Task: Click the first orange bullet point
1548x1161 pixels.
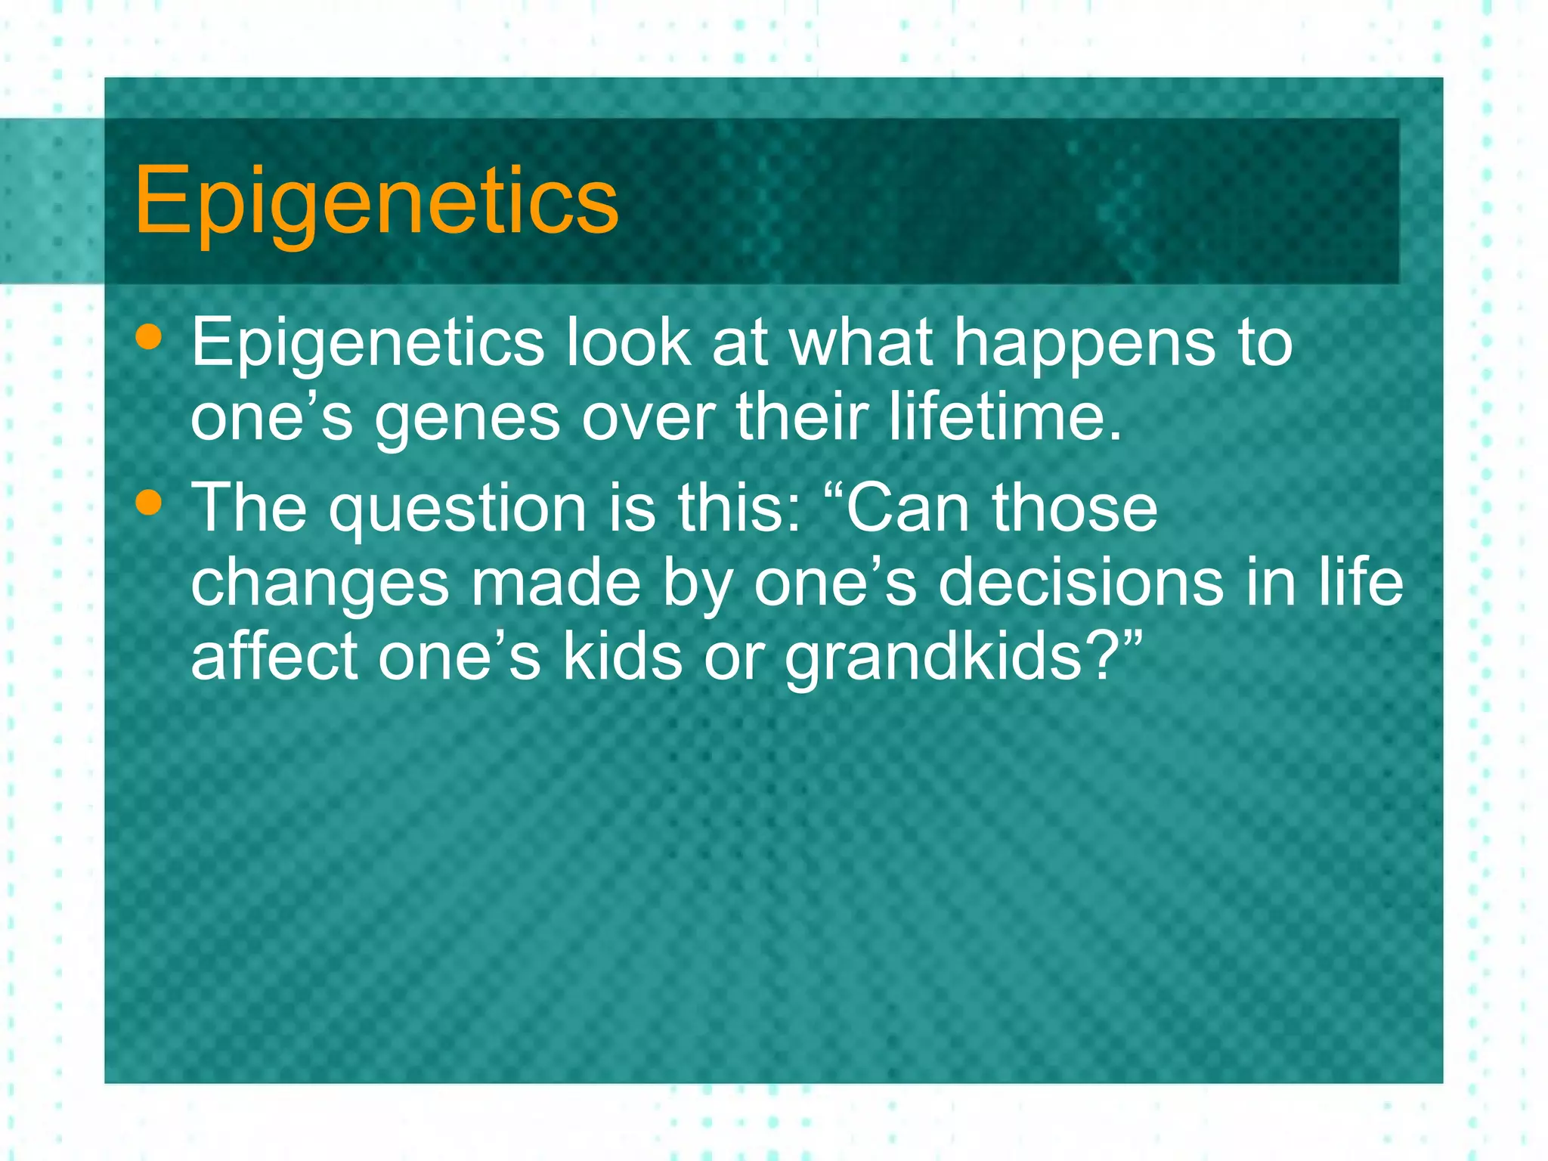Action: [149, 338]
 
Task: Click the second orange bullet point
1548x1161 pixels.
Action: [149, 503]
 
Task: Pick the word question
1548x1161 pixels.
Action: [457, 509]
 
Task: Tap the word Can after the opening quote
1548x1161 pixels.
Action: [906, 508]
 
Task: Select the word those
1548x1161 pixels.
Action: [1075, 508]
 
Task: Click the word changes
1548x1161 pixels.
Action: [320, 584]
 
